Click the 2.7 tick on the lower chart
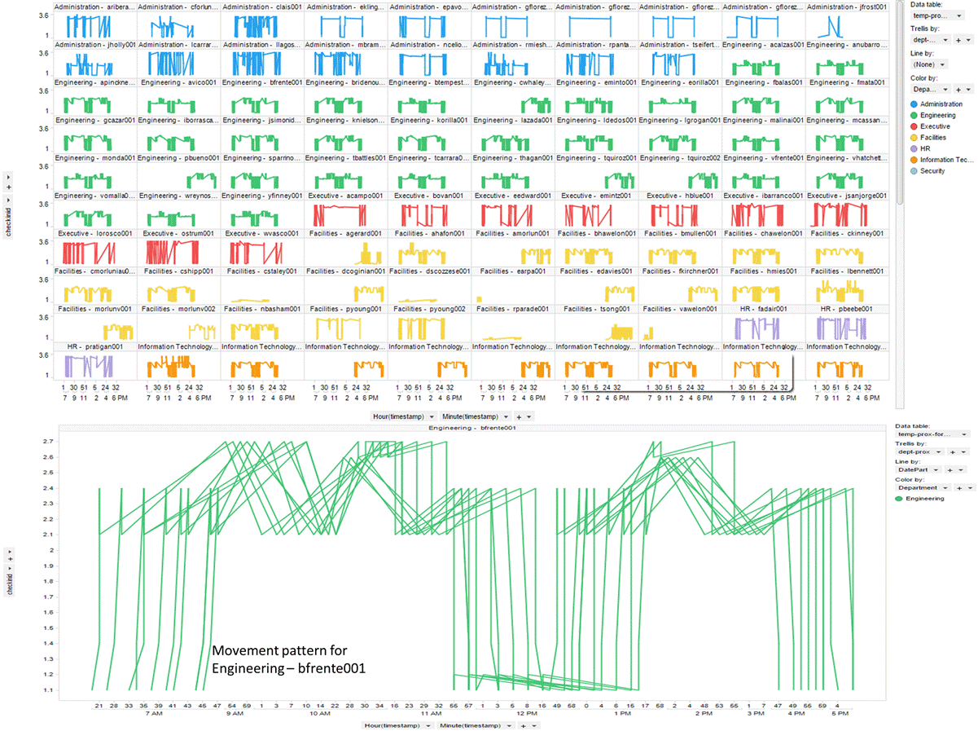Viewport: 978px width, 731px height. coord(50,441)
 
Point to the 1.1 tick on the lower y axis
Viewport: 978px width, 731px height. coord(50,690)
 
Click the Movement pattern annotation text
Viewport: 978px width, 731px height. coord(288,659)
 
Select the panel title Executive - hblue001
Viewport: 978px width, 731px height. coord(679,196)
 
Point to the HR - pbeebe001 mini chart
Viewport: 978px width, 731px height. coord(845,328)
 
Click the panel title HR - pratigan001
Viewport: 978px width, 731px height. coord(94,346)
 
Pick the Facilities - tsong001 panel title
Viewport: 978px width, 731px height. coord(596,309)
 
